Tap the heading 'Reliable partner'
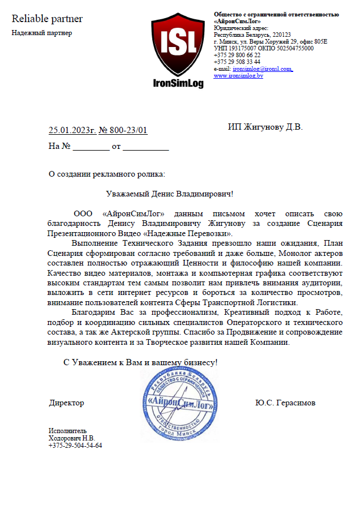pyautogui.click(x=48, y=19)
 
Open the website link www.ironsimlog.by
pyautogui.click(x=238, y=75)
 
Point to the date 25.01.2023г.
pyautogui.click(x=72, y=130)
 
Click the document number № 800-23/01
pyautogui.click(x=123, y=130)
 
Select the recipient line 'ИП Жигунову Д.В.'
pyautogui.click(x=265, y=127)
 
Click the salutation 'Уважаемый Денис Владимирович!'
pyautogui.click(x=170, y=194)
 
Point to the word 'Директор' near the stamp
pyautogui.click(x=66, y=403)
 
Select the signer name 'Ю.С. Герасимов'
pyautogui.click(x=285, y=403)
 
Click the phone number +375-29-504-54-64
pyautogui.click(x=75, y=445)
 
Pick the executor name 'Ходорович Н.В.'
pyautogui.click(x=72, y=438)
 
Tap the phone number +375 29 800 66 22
pyautogui.click(x=237, y=55)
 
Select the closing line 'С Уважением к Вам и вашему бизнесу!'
pyautogui.click(x=140, y=362)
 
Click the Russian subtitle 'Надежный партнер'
pyautogui.click(x=42, y=32)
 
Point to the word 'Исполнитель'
pyautogui.click(x=68, y=430)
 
